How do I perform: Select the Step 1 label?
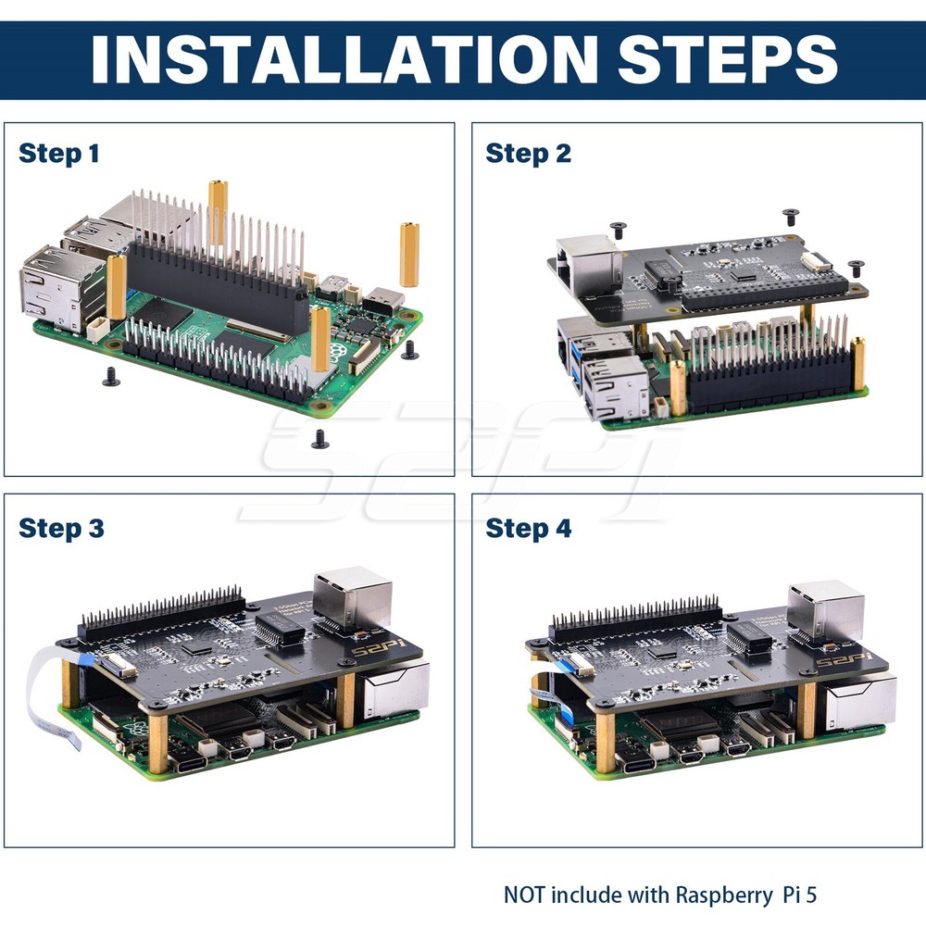click(x=58, y=153)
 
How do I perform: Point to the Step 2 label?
click(x=528, y=153)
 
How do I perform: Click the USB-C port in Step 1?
click(x=382, y=300)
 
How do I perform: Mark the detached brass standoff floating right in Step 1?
click(x=408, y=254)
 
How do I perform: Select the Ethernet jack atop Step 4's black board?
click(x=825, y=610)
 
